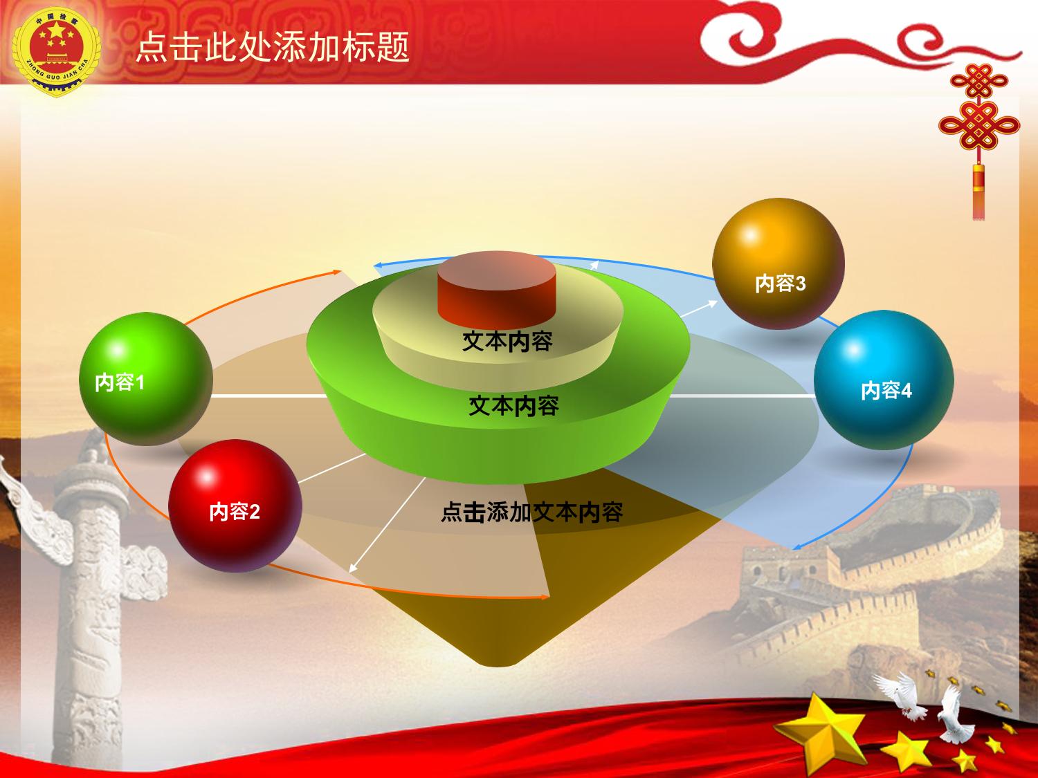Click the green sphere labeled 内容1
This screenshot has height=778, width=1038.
click(x=145, y=379)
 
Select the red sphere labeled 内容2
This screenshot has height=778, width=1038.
click(x=235, y=506)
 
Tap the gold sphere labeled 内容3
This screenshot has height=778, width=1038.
click(x=778, y=263)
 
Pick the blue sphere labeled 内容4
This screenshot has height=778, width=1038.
click(x=884, y=380)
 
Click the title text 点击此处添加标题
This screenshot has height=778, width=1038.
click(x=273, y=47)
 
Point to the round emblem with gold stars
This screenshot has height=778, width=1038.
click(x=56, y=52)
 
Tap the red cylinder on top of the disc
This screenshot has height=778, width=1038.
click(x=497, y=288)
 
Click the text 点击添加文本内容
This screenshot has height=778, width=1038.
click(x=532, y=512)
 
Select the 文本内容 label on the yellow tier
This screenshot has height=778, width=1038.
click(x=507, y=341)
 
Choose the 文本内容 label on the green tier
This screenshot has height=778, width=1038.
click(x=514, y=406)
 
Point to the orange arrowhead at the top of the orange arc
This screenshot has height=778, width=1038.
click(x=337, y=272)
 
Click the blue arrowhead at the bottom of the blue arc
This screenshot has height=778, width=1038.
click(x=797, y=546)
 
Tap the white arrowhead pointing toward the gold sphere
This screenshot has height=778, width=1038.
click(x=712, y=304)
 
